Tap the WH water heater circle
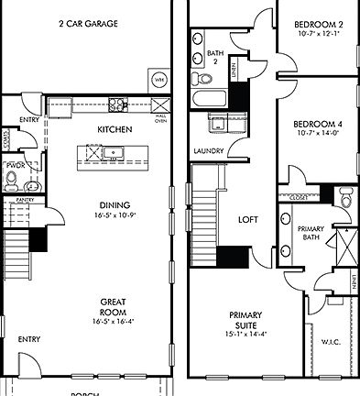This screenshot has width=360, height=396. pyautogui.click(x=158, y=78)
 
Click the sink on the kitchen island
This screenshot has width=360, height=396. pyautogui.click(x=116, y=154)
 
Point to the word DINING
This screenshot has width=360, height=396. pyautogui.click(x=115, y=204)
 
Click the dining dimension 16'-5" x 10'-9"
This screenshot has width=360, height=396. pyautogui.click(x=115, y=216)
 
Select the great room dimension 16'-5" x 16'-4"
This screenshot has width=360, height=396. pyautogui.click(x=114, y=322)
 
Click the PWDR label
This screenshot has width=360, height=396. pyautogui.click(x=15, y=166)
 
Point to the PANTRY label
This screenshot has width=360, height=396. pyautogui.click(x=25, y=198)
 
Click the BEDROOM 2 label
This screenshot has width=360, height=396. pyautogui.click(x=318, y=24)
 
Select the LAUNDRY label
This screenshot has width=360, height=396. pyautogui.click(x=210, y=150)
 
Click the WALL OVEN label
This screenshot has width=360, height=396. pyautogui.click(x=160, y=118)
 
